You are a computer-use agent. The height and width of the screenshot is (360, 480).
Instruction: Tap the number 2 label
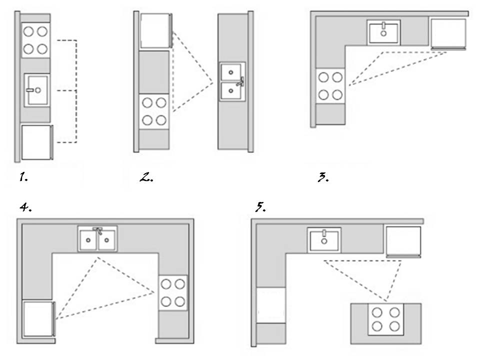click(x=145, y=177)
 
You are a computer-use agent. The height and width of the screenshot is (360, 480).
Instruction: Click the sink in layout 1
click(x=36, y=90)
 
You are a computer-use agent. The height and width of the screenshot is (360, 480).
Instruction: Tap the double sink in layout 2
click(x=232, y=82)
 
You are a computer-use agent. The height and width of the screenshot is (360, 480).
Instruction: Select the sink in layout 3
click(x=383, y=32)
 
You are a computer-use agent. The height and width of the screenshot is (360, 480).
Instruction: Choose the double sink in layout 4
click(x=97, y=239)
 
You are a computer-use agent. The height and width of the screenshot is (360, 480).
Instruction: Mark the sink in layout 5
click(x=324, y=239)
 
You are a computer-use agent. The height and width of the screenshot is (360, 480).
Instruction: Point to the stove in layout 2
click(x=154, y=111)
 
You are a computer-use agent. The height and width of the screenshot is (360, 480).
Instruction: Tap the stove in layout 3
click(x=331, y=85)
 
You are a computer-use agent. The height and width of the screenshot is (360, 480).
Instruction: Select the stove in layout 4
click(x=173, y=292)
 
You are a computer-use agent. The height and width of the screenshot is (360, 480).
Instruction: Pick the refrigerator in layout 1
click(x=36, y=142)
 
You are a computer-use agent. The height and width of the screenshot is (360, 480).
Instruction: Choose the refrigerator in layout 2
click(x=155, y=31)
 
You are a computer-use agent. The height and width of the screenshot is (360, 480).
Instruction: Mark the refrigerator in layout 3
click(x=448, y=33)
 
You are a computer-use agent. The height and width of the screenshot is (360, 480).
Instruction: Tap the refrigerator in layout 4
click(x=37, y=318)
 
